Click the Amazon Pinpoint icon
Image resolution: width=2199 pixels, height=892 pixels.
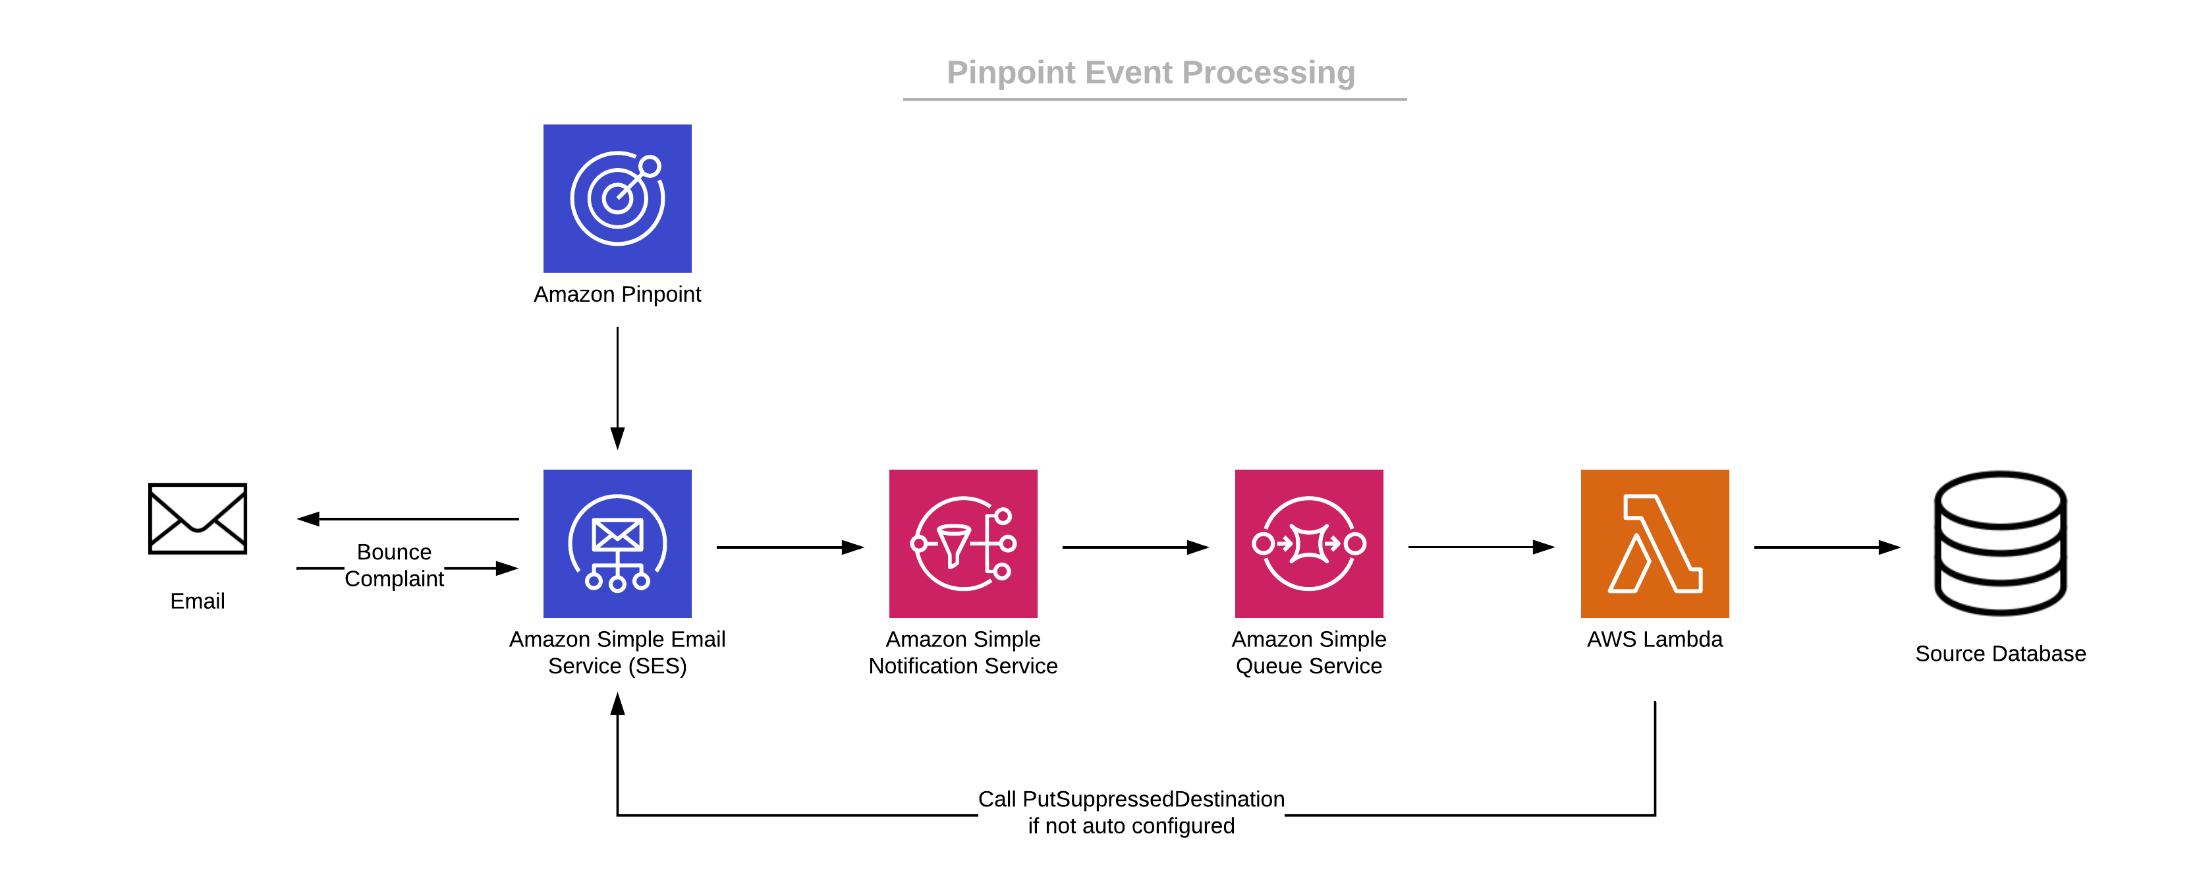pos(617,198)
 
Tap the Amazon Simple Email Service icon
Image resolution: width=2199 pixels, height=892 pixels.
pos(617,543)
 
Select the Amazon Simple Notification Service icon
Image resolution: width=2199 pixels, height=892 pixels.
pos(963,543)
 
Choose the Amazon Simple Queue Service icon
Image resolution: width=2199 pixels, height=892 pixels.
pos(1308,543)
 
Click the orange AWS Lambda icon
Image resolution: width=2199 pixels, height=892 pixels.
pos(1654,543)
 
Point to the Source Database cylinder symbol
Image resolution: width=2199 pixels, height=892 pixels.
pos(2000,543)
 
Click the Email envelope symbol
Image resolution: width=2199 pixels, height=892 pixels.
pos(197,518)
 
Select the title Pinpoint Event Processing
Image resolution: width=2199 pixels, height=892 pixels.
pos(1151,72)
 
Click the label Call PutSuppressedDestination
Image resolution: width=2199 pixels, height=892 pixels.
pos(1131,799)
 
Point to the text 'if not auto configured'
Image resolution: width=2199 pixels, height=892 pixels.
pos(1131,825)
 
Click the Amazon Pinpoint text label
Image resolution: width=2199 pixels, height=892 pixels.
pos(617,294)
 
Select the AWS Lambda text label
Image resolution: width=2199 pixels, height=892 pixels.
pos(1654,639)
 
